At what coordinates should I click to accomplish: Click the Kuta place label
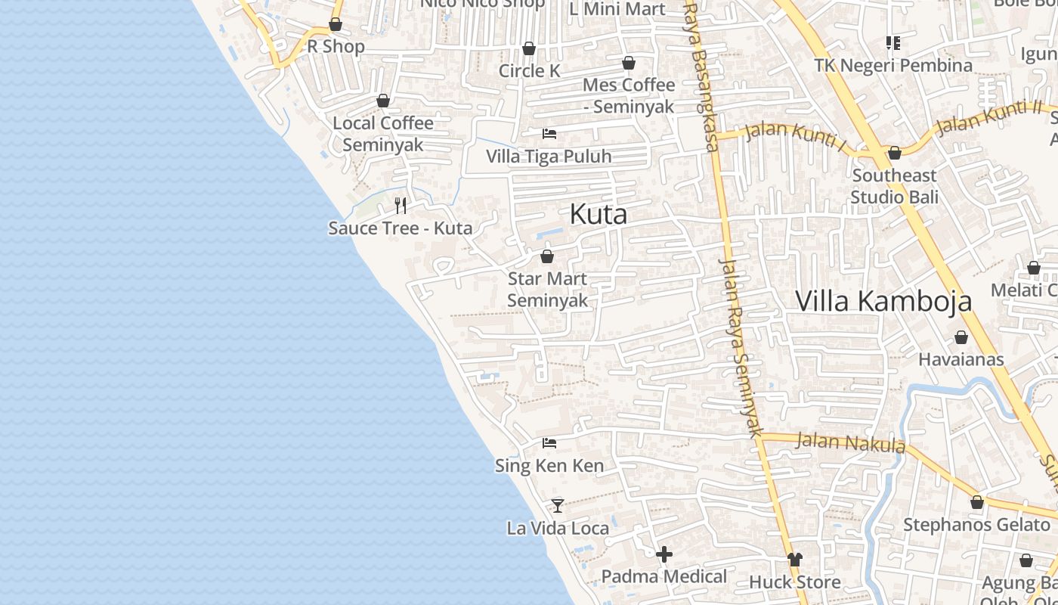(598, 214)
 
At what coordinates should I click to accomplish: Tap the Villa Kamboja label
(883, 301)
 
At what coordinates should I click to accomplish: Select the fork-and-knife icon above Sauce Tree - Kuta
(401, 205)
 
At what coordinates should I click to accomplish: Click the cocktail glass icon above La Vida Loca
(558, 505)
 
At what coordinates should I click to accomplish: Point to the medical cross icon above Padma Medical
(664, 555)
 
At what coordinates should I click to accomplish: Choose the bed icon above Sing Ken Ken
(549, 443)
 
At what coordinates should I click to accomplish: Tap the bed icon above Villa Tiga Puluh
(549, 134)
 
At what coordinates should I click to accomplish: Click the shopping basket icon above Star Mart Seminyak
(547, 256)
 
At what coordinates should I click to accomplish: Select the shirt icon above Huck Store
(794, 560)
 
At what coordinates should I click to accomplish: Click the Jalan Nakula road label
(850, 442)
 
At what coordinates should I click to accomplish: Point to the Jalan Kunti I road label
(794, 135)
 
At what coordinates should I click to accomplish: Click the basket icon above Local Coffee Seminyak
(383, 101)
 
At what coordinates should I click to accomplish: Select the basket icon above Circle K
(529, 49)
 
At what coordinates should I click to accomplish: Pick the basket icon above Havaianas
(961, 337)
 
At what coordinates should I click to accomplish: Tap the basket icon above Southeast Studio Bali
(895, 154)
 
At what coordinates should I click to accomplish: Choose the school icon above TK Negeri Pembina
(893, 43)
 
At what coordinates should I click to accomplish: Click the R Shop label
(336, 46)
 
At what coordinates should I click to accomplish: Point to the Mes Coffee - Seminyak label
(629, 95)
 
